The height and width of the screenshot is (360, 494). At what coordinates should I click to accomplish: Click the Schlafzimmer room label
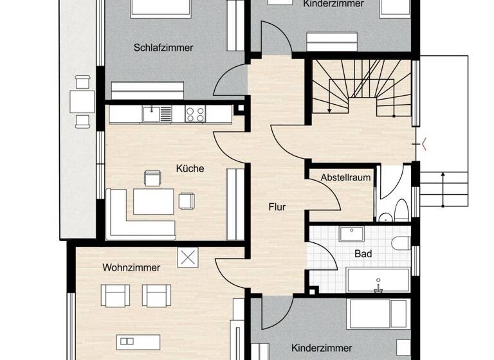[x=163, y=47]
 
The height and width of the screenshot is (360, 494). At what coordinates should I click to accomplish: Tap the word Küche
[x=190, y=168]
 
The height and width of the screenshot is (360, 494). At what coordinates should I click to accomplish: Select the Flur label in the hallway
[x=277, y=207]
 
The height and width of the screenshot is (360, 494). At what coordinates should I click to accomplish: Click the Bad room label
[x=363, y=253]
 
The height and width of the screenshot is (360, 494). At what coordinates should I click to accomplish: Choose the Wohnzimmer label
[x=131, y=267]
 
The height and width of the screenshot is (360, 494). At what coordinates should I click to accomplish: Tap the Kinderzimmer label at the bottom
[x=321, y=348]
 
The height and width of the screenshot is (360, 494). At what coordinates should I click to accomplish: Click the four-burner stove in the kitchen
[x=195, y=114]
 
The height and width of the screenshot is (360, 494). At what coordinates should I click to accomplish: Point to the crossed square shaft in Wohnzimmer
[x=188, y=258]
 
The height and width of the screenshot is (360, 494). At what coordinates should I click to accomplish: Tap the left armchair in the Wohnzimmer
[x=115, y=296]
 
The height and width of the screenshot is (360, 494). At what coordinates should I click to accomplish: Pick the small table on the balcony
[x=82, y=101]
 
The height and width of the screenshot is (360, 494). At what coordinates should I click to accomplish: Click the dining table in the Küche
[x=153, y=201]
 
